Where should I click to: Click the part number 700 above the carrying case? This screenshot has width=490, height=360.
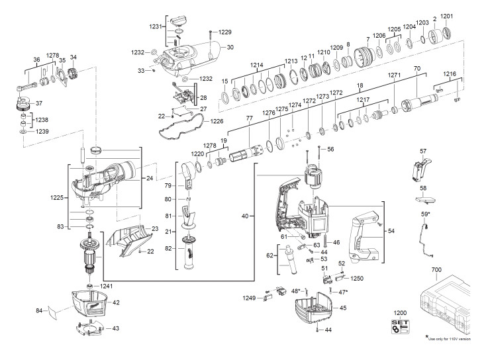click(454, 271)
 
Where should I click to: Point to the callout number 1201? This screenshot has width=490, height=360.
click(447, 15)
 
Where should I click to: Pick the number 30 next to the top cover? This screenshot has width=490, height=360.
click(230, 47)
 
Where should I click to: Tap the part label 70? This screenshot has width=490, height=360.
click(417, 69)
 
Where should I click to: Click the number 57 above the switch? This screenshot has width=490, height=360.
click(423, 152)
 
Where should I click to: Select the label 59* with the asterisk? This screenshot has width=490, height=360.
click(424, 214)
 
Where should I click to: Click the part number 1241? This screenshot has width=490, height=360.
click(107, 286)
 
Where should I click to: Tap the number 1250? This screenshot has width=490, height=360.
click(358, 279)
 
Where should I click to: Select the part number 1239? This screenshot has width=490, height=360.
click(42, 132)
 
